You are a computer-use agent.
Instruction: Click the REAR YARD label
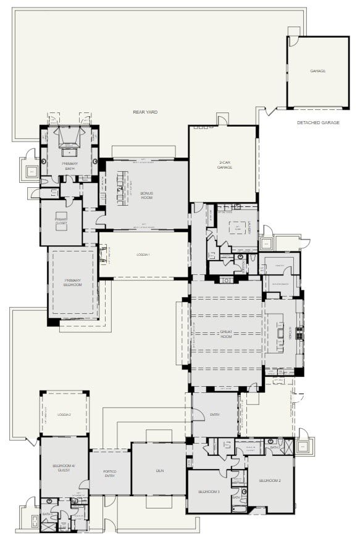point(145,112)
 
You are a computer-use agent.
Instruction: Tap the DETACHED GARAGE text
point(318,123)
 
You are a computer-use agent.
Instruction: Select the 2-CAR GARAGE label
point(225,165)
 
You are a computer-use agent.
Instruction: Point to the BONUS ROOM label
point(146,195)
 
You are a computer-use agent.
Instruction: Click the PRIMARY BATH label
point(69,165)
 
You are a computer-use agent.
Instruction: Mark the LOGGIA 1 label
point(143,255)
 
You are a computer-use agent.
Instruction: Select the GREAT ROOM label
point(226,334)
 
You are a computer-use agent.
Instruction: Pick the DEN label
point(159,470)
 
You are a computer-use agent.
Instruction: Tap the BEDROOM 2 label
point(270,480)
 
